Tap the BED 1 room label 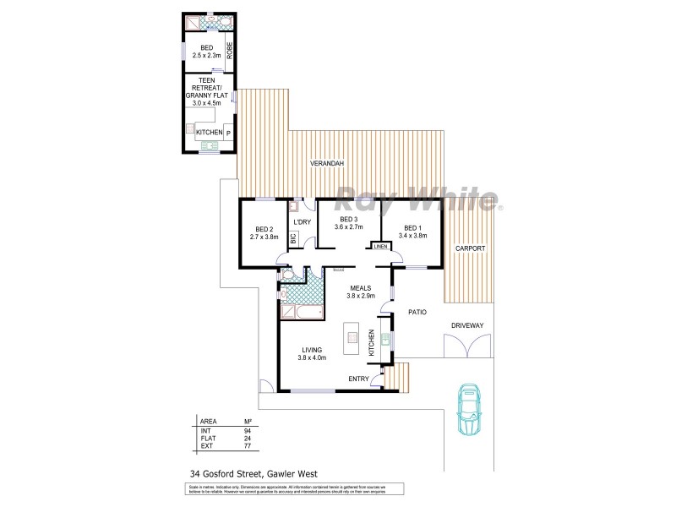412,228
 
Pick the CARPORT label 469,248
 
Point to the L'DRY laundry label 303,223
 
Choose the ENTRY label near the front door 359,379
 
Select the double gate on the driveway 466,347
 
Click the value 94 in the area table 247,430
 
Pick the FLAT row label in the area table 206,439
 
